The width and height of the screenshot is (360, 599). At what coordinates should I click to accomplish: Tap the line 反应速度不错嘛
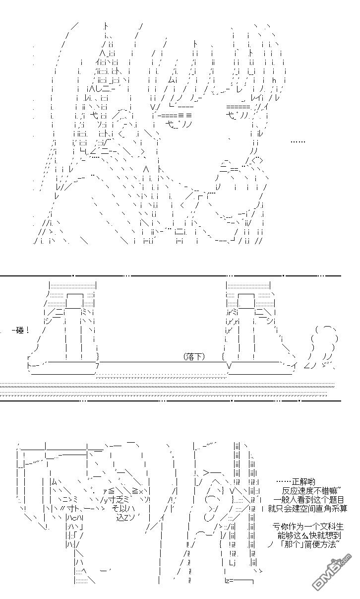pyautogui.click(x=310, y=490)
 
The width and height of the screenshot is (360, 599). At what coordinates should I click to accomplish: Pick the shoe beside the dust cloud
pyautogui.click(x=258, y=342)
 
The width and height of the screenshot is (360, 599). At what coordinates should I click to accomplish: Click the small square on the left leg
pyautogui.click(x=74, y=300)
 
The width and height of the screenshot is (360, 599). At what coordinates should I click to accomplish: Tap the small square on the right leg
pyautogui.click(x=246, y=300)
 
